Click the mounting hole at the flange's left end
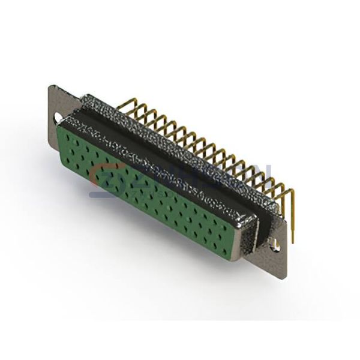(59, 117)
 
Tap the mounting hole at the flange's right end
(277, 244)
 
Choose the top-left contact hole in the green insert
(71, 134)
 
